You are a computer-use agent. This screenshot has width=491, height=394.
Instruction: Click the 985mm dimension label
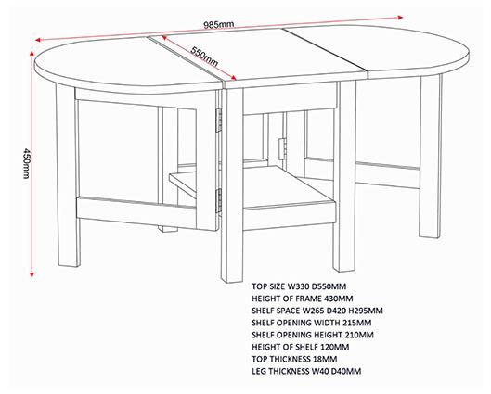click(x=219, y=24)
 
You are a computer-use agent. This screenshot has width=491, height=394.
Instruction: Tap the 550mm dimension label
click(x=204, y=57)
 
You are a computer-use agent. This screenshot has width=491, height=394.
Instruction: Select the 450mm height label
click(x=27, y=163)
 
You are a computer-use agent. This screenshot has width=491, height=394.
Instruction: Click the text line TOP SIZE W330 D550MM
click(x=299, y=286)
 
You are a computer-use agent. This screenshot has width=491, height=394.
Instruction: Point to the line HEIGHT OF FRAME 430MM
click(x=303, y=299)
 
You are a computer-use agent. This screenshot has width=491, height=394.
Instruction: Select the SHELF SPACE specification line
click(x=317, y=311)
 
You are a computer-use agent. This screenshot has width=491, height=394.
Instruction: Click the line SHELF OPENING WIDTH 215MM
click(x=312, y=323)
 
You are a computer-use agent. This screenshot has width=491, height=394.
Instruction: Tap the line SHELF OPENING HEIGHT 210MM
click(x=313, y=335)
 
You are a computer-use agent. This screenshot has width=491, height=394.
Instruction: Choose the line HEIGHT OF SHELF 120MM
click(x=301, y=347)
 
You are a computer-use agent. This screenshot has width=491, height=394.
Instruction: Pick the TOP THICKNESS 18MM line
click(x=294, y=359)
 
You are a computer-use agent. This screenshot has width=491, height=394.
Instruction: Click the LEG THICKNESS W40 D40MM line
click(x=306, y=371)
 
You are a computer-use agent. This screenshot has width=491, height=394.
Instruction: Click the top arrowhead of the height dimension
click(x=32, y=53)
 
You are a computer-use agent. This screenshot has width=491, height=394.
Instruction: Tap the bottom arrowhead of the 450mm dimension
click(x=32, y=274)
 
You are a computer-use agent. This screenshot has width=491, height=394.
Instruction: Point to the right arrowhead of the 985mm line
click(x=400, y=18)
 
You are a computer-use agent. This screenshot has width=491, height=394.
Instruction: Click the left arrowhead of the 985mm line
click(x=38, y=40)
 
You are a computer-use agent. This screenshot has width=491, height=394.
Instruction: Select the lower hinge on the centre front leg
click(x=219, y=199)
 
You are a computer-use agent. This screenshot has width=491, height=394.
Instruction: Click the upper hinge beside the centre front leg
click(x=219, y=121)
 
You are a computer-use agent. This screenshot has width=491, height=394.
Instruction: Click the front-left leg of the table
click(x=68, y=175)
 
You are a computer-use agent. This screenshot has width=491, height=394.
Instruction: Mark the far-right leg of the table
click(x=431, y=157)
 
